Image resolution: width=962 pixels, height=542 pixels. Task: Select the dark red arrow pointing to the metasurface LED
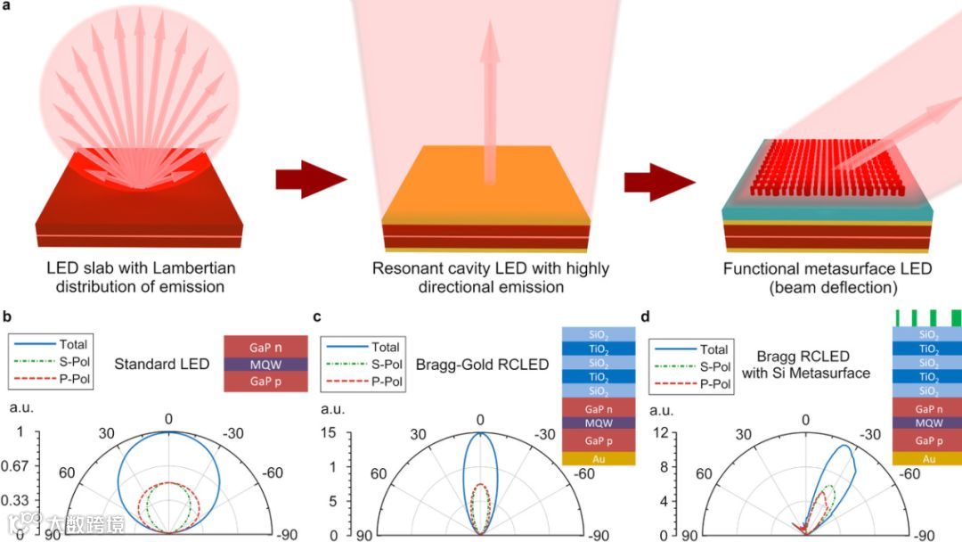click(x=657, y=182)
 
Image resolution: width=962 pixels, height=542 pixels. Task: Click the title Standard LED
click(x=162, y=364)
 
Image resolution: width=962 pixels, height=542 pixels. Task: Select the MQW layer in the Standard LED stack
click(x=266, y=365)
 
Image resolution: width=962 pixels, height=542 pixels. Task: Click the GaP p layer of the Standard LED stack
click(x=266, y=382)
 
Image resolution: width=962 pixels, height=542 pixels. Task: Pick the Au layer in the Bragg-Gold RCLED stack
click(x=599, y=457)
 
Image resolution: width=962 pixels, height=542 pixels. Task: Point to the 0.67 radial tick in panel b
click(x=19, y=466)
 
